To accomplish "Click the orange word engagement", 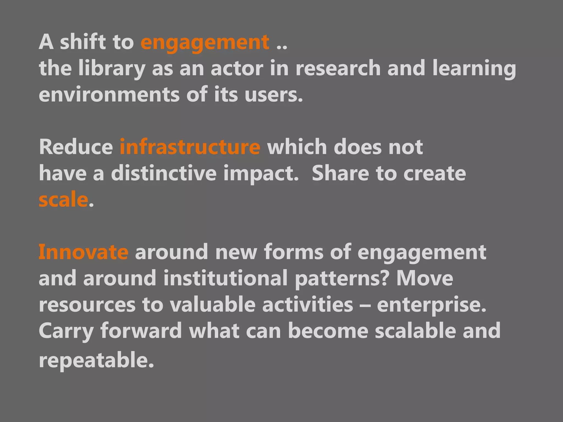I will tap(205, 43).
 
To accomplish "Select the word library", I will tap(112, 68).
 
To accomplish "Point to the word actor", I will tap(237, 68).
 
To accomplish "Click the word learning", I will tap(474, 68).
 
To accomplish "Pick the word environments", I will tap(109, 94).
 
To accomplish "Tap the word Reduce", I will tap(76, 147).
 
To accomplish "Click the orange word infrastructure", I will tap(190, 147).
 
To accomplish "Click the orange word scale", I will tap(63, 200).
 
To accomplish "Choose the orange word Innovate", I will tap(83, 252).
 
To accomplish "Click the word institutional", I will tap(225, 278).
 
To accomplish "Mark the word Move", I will tap(424, 278).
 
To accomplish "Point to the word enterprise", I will tap(431, 305).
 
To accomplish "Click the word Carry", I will tap(66, 331).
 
